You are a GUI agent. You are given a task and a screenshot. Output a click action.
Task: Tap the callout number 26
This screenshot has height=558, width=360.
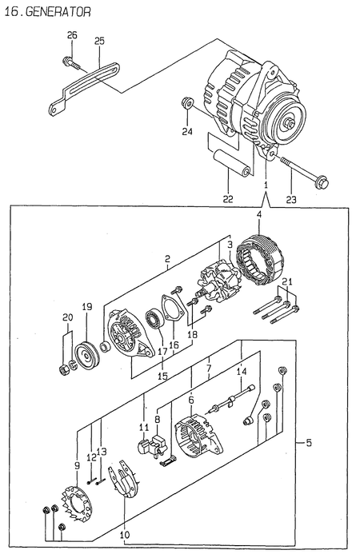pyautogui.click(x=72, y=35)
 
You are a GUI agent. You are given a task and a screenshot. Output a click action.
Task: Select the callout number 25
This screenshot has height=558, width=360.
pyautogui.click(x=100, y=41)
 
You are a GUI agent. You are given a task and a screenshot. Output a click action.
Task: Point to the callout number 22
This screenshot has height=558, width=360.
pyautogui.click(x=228, y=198)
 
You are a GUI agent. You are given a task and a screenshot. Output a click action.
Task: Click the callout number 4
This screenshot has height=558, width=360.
pyautogui.click(x=258, y=213)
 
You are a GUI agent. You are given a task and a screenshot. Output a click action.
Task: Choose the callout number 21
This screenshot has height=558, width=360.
pyautogui.click(x=288, y=281)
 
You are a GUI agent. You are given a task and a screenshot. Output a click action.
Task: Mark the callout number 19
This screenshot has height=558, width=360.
pyautogui.click(x=87, y=307)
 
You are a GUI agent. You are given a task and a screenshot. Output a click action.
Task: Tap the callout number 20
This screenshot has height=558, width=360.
pyautogui.click(x=67, y=318)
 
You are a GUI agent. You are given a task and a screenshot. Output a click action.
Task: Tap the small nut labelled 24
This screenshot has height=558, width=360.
pyautogui.click(x=186, y=102)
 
